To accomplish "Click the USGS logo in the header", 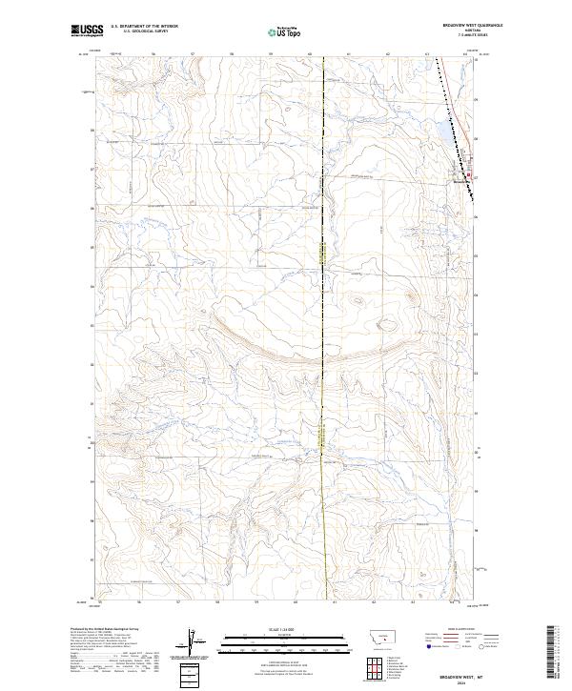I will coord(88,31).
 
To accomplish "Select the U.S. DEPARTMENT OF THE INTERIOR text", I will coord(144,28).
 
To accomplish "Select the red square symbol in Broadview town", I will coord(468,175).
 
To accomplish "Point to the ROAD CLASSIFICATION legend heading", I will coord(460,630).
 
